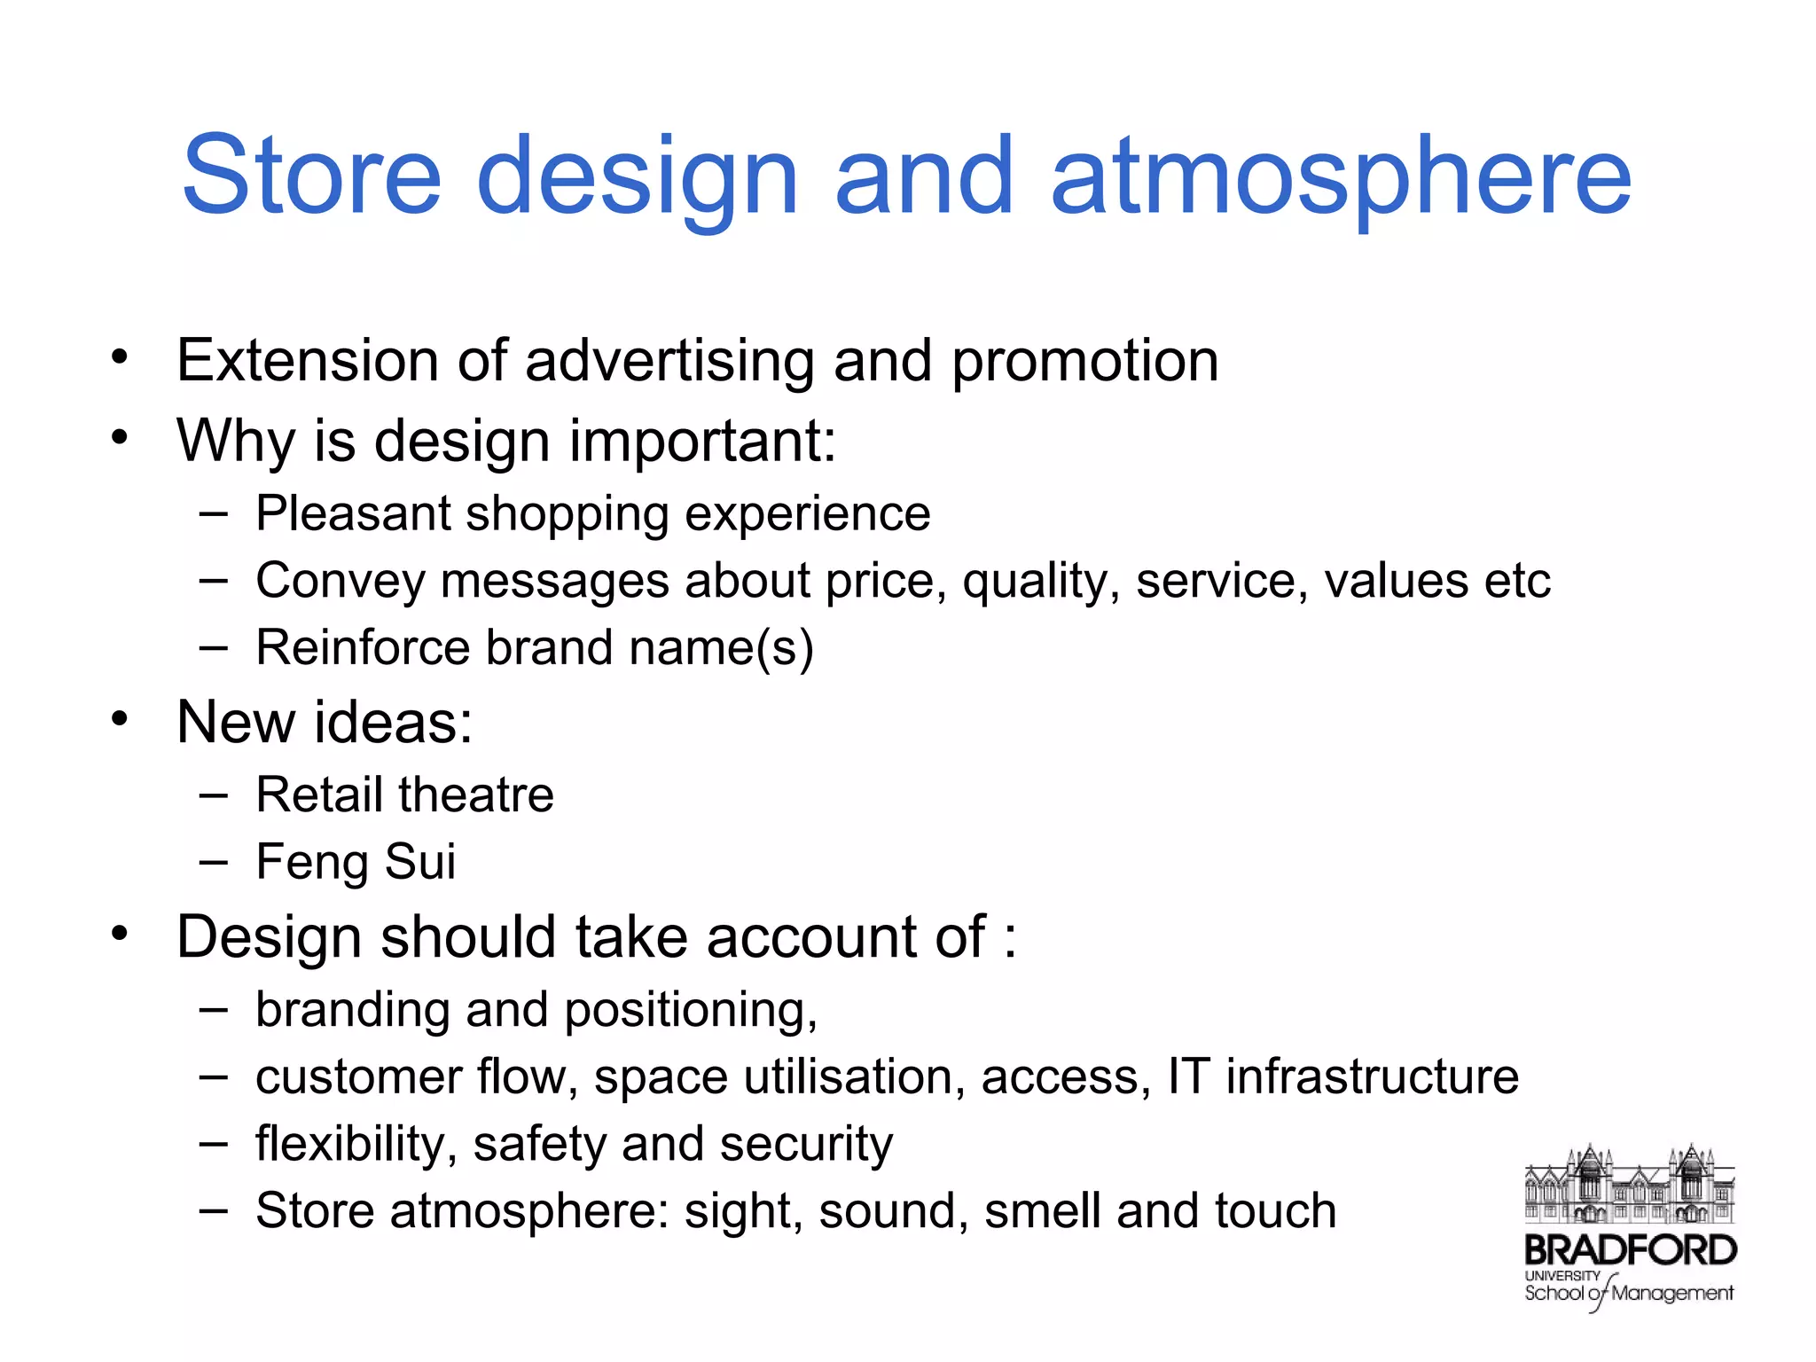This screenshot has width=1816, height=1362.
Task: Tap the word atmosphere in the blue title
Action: (x=1341, y=177)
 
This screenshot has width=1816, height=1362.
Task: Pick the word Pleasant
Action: (x=353, y=513)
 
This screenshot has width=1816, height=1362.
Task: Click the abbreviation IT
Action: (x=1188, y=1076)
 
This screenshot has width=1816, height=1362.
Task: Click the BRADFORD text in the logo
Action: (x=1630, y=1250)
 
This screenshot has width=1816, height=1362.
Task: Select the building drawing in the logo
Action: (x=1629, y=1185)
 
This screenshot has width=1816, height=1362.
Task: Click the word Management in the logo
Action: (x=1671, y=1294)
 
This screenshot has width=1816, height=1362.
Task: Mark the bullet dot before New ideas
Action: (x=120, y=717)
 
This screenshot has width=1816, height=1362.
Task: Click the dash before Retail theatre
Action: (x=213, y=794)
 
